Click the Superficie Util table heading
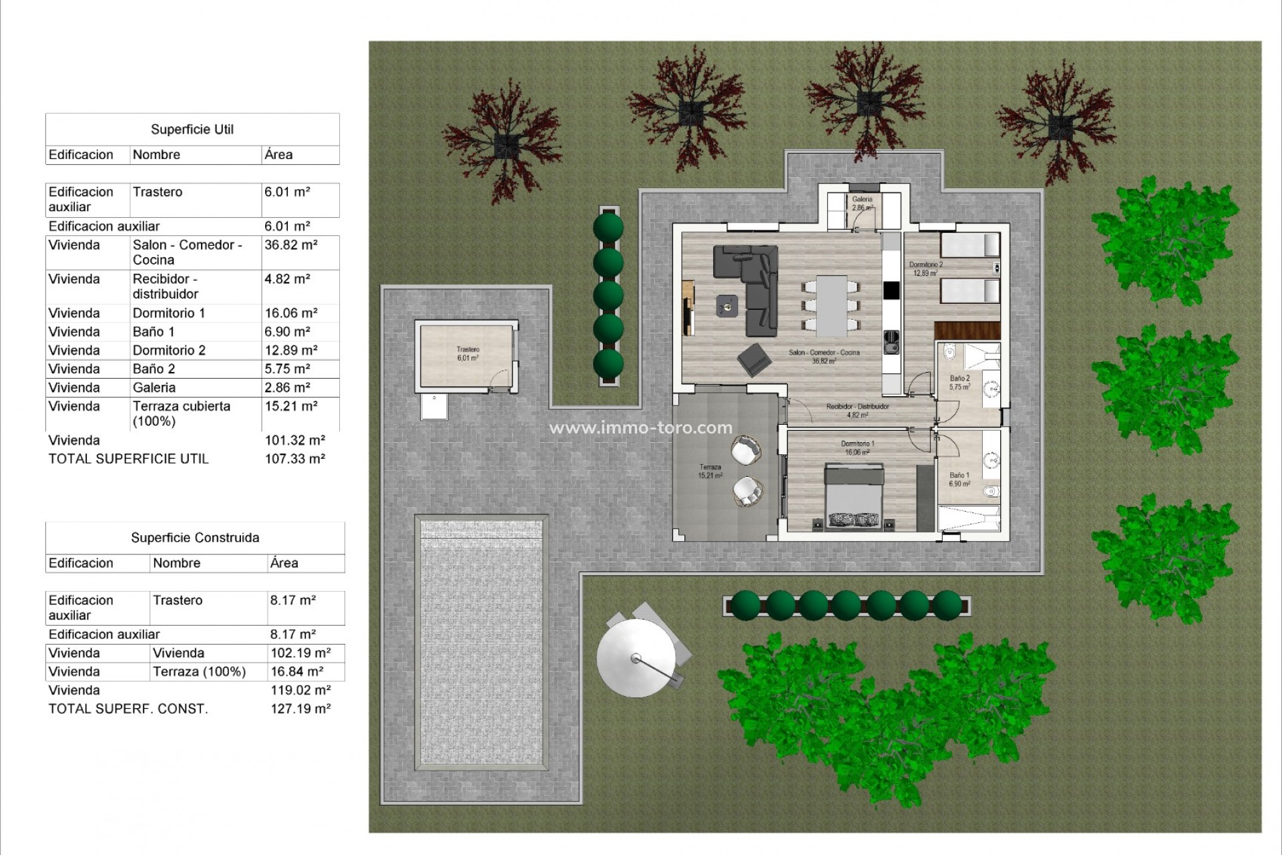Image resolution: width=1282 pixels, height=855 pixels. tap(192, 130)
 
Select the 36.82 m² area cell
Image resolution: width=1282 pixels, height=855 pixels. tap(290, 245)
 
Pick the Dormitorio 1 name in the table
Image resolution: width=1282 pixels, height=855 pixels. tap(169, 313)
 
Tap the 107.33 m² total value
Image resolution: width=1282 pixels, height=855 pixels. tap(294, 459)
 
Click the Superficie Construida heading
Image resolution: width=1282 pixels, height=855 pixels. tap(195, 538)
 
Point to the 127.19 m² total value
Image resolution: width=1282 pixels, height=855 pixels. tap(300, 709)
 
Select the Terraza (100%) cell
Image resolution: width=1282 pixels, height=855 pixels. tap(199, 672)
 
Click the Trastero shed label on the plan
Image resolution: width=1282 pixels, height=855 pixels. tap(467, 353)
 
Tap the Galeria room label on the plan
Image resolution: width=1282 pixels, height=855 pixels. tap(862, 203)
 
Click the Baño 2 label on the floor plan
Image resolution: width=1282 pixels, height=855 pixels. tap(959, 382)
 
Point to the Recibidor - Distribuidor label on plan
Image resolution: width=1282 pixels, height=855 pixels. tap(857, 410)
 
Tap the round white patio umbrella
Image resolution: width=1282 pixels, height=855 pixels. tap(635, 658)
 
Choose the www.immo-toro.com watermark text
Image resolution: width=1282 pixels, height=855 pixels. tap(640, 428)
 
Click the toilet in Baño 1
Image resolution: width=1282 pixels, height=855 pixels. tap(992, 492)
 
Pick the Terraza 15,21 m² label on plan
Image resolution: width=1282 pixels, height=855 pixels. tap(710, 472)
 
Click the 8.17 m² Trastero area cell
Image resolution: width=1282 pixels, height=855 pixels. tap(292, 601)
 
